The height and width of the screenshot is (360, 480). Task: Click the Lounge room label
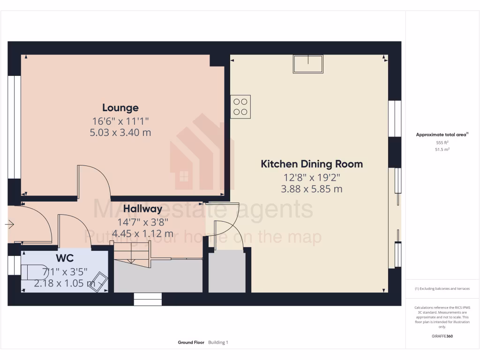[x=120, y=108]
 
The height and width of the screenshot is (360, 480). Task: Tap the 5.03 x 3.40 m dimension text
[x=120, y=133]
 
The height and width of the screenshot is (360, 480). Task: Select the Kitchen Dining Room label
[x=312, y=164]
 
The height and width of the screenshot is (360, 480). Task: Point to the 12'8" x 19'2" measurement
[x=312, y=177]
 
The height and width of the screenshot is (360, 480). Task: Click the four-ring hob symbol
[x=240, y=107]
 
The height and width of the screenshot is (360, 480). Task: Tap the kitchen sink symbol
[x=308, y=64]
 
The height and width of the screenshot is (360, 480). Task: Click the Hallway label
[x=142, y=209]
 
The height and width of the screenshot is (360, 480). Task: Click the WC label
[x=64, y=258]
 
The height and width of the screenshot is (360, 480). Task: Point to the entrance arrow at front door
[x=10, y=225]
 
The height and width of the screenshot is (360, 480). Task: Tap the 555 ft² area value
[x=442, y=142]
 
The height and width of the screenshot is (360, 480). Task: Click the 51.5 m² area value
[x=442, y=149]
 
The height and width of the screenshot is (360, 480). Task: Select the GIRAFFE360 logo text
[x=442, y=336]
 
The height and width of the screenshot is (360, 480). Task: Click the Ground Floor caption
[x=191, y=343]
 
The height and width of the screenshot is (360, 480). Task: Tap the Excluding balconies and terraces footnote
[x=442, y=289]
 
